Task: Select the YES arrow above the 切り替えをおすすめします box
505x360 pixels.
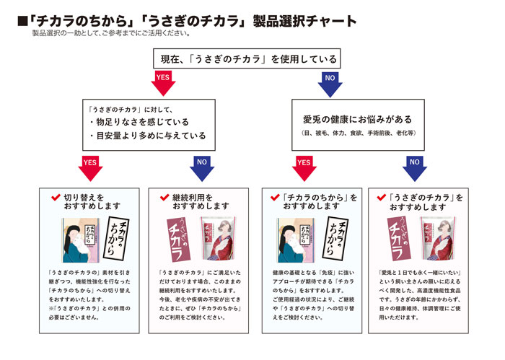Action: (89, 167)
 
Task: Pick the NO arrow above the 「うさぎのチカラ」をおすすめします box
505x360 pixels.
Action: (414, 167)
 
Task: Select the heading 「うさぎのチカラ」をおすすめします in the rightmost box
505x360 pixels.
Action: (425, 201)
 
